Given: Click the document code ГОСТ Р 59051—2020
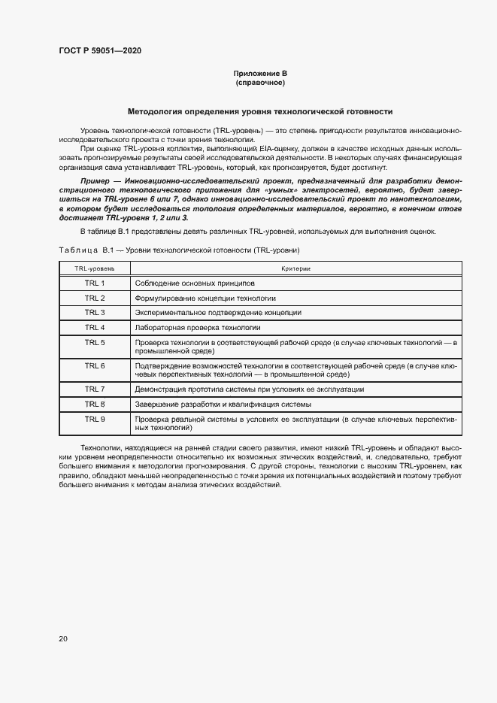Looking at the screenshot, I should [99, 50].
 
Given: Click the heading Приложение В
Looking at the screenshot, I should [260, 74].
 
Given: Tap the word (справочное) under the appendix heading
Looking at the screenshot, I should [260, 83].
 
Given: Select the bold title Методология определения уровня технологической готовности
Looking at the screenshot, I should [260, 111].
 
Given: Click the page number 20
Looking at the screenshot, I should [63, 639].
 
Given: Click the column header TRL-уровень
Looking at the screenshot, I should [95, 268].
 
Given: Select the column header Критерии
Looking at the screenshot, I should [296, 268].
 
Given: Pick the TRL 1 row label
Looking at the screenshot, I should [95, 283].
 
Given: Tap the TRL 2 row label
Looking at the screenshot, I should [95, 298].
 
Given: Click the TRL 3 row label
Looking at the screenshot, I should [95, 312].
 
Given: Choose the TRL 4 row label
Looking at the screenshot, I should [95, 327].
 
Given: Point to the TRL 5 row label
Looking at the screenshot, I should [95, 342].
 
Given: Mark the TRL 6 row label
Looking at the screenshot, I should [95, 365].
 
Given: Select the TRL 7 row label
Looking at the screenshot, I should [95, 389].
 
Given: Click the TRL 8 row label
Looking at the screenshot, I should [95, 404].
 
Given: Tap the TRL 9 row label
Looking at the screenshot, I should [95, 418].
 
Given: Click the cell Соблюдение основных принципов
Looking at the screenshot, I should [195, 283].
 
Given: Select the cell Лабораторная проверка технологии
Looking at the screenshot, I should [198, 328].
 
